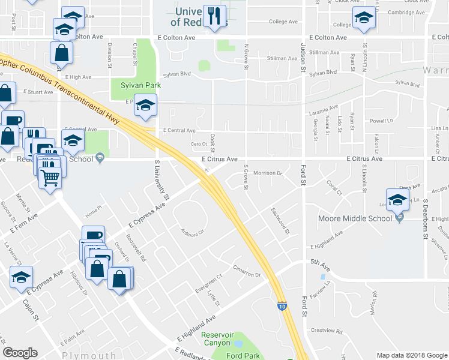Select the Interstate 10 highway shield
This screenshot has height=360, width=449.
tap(282, 305)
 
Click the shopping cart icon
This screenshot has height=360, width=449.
tap(50, 176)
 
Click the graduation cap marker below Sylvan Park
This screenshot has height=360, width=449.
tap(145, 106)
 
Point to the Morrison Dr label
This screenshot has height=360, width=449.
tap(268, 173)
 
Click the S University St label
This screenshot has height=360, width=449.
tap(162, 180)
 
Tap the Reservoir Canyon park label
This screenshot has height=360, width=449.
tap(215, 339)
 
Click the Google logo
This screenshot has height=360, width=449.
tap(20, 353)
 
